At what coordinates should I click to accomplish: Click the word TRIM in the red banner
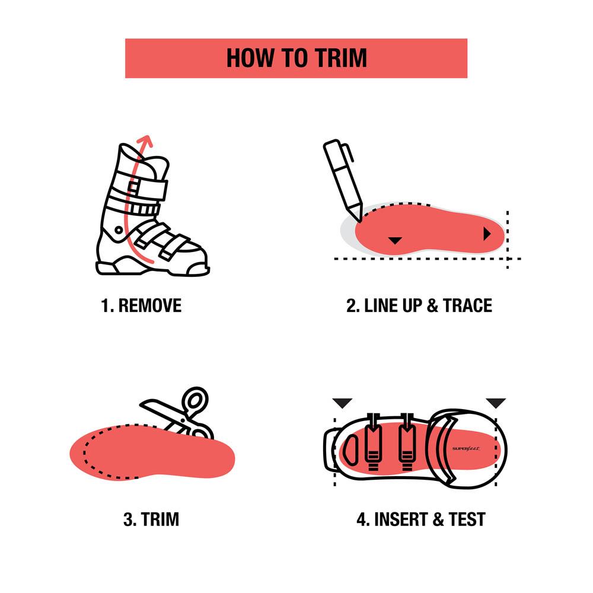[x=341, y=58]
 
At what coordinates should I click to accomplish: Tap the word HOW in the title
[x=250, y=58]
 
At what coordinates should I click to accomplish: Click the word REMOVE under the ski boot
[x=150, y=305]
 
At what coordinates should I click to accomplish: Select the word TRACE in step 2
[x=468, y=305]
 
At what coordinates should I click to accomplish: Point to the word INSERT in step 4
[x=401, y=519]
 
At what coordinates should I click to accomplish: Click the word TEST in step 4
[x=467, y=519]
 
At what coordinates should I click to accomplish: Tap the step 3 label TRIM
[x=160, y=519]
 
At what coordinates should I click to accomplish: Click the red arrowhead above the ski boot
[x=145, y=141]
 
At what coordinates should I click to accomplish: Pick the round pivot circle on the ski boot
[x=119, y=230]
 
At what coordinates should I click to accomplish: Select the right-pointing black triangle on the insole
[x=487, y=234]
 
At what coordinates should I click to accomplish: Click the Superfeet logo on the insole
[x=466, y=449]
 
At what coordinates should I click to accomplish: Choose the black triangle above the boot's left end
[x=342, y=403]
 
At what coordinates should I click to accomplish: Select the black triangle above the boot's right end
[x=495, y=403]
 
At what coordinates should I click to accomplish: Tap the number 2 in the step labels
[x=351, y=305]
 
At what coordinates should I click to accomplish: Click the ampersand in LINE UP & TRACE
[x=433, y=305]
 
